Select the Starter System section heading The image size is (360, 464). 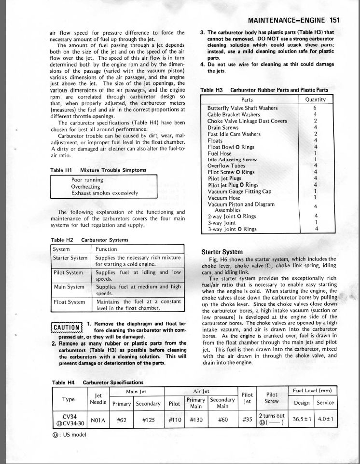[222, 252]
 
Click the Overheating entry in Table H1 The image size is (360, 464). [85, 186]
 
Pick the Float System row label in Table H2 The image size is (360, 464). [69, 302]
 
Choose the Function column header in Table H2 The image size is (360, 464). [106, 249]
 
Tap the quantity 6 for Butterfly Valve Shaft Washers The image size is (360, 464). [315, 108]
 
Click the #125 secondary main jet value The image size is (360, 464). [148, 420]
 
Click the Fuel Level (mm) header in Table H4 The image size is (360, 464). [314, 390]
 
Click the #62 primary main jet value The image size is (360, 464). [122, 420]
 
